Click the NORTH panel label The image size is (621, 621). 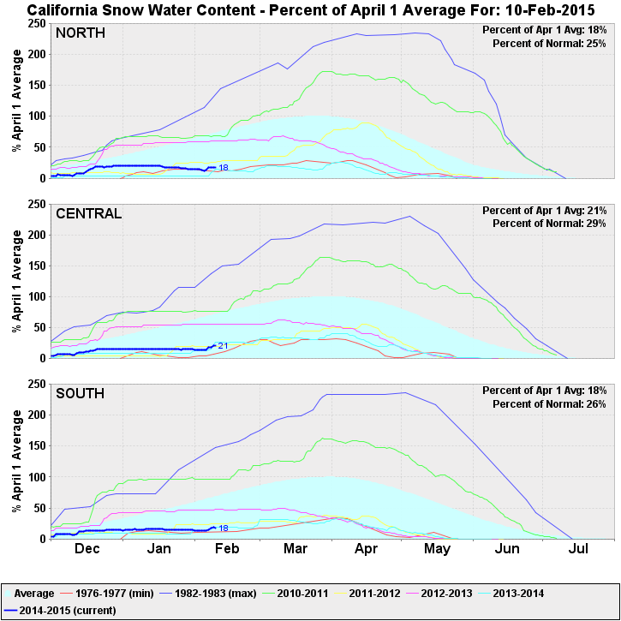click(80, 33)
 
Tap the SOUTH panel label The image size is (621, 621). click(81, 393)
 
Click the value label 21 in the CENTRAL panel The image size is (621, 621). click(223, 346)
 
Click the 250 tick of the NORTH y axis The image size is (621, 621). click(36, 23)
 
